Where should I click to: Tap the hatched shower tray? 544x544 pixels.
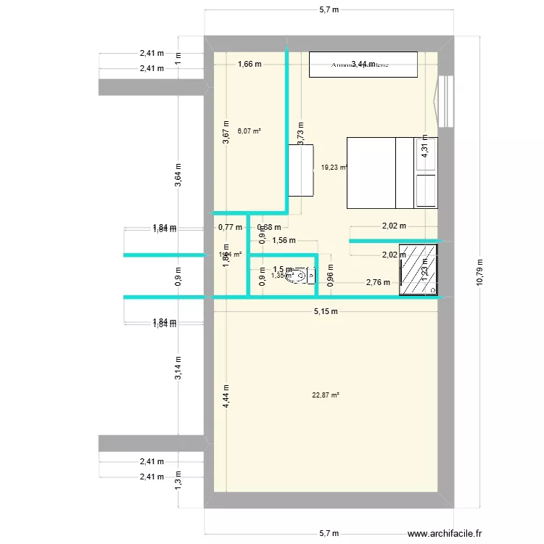click(x=419, y=268)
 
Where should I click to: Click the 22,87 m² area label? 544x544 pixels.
click(x=326, y=395)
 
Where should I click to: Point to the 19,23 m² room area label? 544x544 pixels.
click(x=334, y=167)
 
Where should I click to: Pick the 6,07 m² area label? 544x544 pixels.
click(x=249, y=131)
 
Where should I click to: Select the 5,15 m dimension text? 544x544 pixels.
click(x=326, y=312)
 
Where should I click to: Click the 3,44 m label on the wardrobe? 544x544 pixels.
click(x=363, y=64)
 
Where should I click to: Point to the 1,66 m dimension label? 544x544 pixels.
click(x=250, y=65)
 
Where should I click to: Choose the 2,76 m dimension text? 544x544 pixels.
click(x=378, y=282)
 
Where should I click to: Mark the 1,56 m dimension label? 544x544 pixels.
click(x=284, y=241)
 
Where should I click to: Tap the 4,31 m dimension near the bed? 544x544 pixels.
click(x=425, y=149)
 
